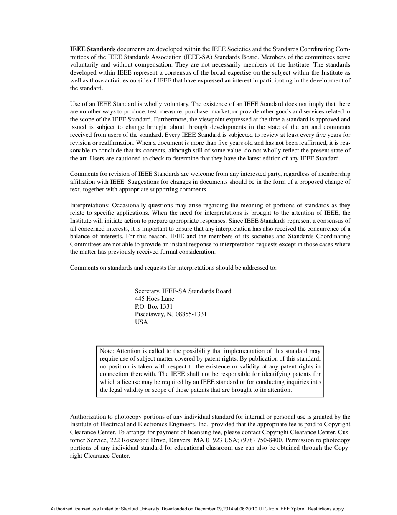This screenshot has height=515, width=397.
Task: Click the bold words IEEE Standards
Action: point(92,49)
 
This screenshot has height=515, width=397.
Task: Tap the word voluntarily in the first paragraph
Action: point(84,65)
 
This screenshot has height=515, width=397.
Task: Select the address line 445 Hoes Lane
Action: point(155,299)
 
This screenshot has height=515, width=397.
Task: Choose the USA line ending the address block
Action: point(141,322)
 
